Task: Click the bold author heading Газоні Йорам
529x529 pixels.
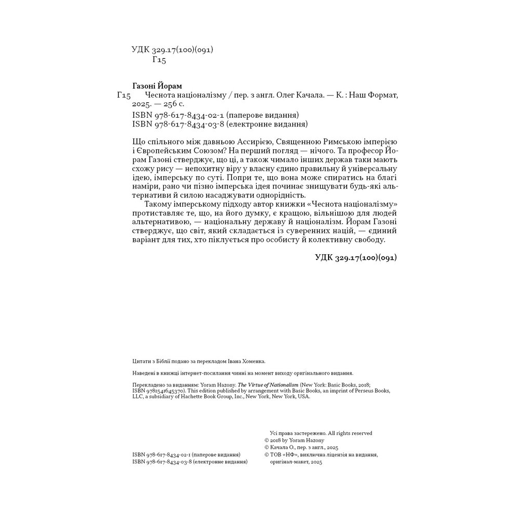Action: pos(158,85)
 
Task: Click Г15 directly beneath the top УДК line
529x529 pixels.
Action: pos(160,60)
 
